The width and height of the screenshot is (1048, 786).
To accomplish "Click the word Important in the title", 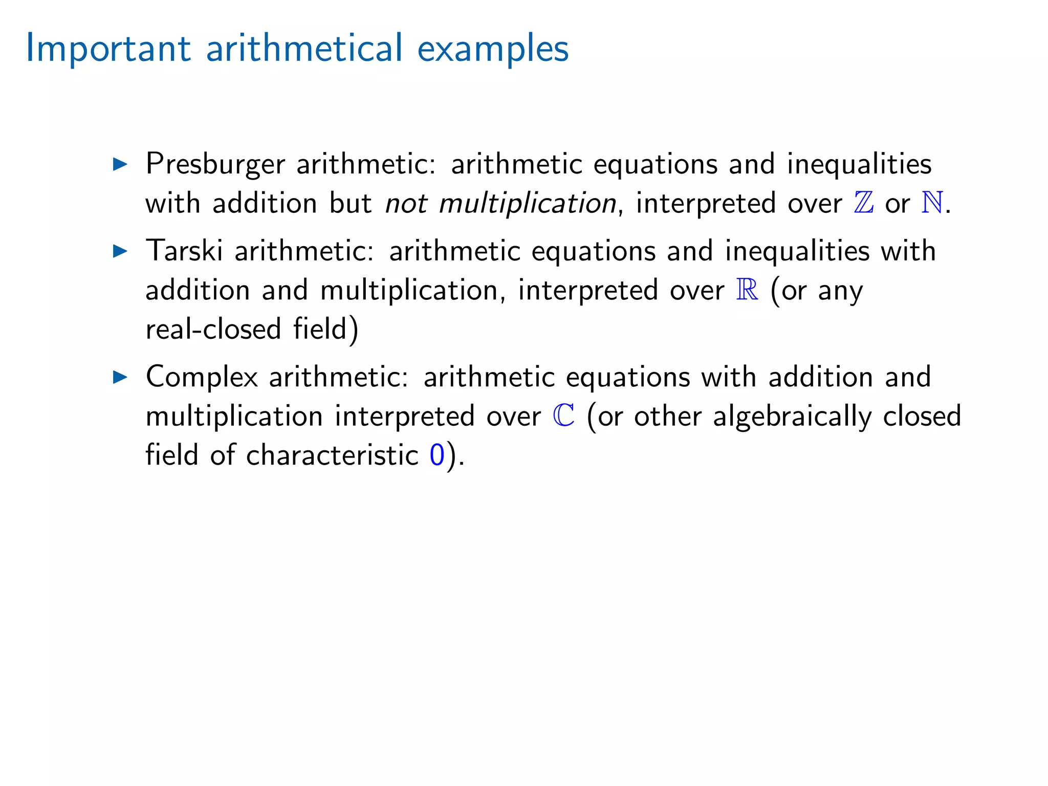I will pos(108,49).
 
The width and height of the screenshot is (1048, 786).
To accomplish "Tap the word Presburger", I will pos(215,165).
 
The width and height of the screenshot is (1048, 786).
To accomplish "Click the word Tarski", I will pos(184,251).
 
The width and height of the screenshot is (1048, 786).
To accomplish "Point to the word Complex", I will pos(202,377).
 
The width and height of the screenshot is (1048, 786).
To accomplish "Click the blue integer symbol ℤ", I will pos(864,203).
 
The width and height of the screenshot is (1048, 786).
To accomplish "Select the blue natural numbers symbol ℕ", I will pos(932,203).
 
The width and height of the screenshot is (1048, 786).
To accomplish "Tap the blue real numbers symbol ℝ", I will pos(747,290).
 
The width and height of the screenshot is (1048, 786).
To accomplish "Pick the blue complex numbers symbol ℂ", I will pos(564,416).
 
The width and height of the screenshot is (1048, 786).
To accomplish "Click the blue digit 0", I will pos(437,455).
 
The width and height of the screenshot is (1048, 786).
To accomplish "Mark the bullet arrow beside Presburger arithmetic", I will pos(120,164).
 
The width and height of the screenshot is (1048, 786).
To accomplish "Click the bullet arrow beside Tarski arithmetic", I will pos(120,251).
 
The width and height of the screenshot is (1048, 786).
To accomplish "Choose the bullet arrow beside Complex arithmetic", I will pos(120,377).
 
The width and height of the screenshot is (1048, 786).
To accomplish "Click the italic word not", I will pos(406,204).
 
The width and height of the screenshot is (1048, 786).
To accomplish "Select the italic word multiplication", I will pos(528,204).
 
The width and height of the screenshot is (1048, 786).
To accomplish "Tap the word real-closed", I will pos(213,329).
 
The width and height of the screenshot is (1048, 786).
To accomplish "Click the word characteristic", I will pos(333,455).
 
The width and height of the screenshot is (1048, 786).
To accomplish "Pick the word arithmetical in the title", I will pos(304,49).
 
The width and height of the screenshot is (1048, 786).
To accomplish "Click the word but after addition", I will pos(350,204).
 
